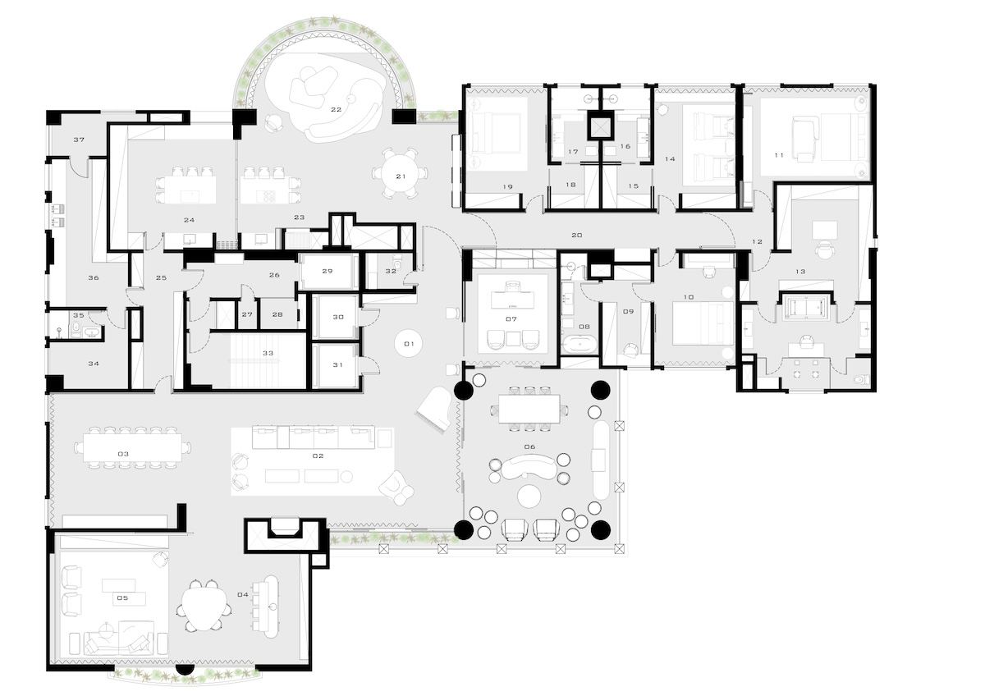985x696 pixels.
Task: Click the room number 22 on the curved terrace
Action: coord(337,109)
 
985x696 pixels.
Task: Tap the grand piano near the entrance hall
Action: coord(433,410)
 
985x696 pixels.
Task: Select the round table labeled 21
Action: coord(401,176)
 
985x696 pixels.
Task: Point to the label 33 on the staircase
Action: coord(268,353)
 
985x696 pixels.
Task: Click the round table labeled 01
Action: coord(409,344)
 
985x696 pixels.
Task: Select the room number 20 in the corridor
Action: coord(577,236)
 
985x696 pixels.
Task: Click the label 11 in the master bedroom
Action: coord(779,155)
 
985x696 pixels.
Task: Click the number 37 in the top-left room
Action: coord(79,140)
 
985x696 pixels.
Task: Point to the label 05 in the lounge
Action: coord(122,598)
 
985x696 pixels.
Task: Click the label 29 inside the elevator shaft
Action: coord(328,272)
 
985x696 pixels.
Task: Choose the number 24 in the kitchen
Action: coord(189,220)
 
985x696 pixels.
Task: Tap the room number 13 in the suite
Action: coord(800,272)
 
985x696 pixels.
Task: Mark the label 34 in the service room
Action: coord(94,364)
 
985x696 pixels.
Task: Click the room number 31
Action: coord(337,365)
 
